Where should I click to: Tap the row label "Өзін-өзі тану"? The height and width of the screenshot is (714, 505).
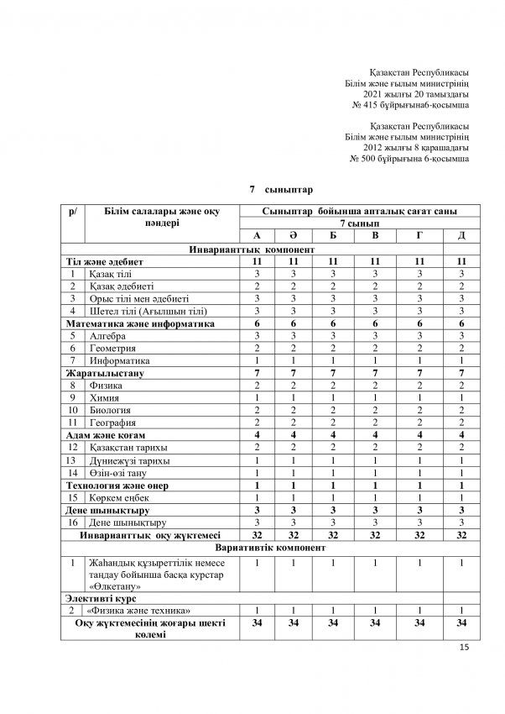(122, 473)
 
